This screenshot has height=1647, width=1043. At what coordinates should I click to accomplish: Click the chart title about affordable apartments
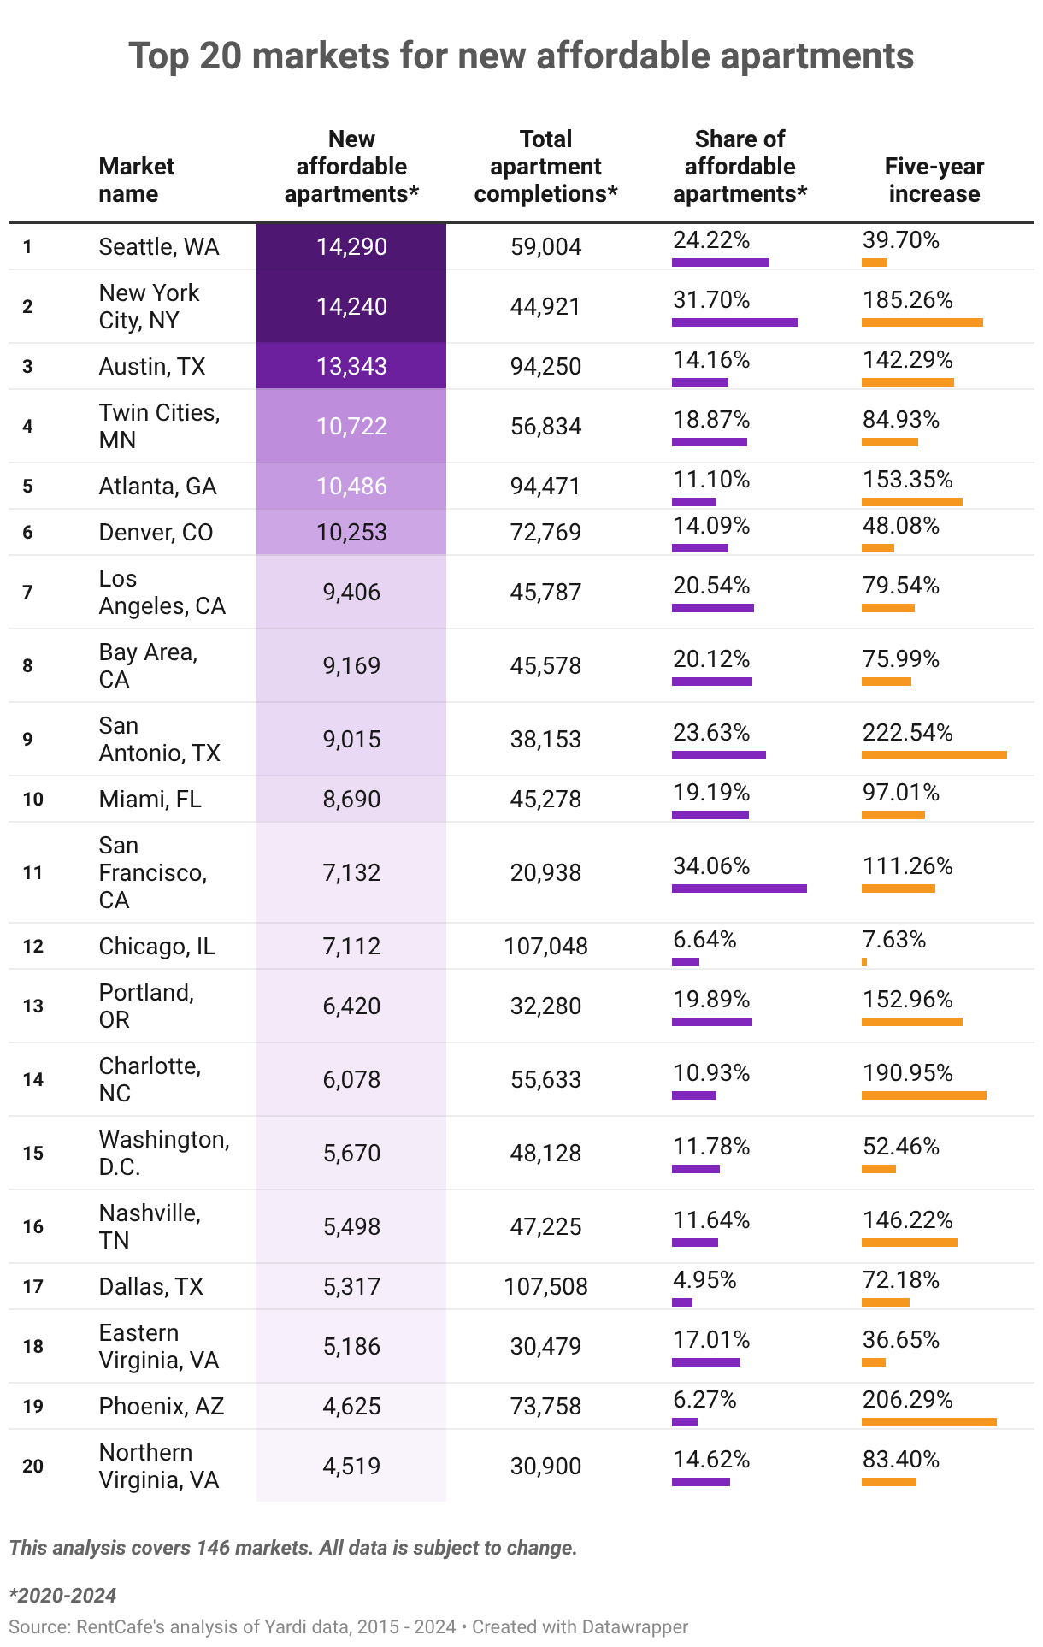tap(521, 56)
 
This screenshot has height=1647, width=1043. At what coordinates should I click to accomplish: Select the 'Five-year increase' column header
tap(934, 180)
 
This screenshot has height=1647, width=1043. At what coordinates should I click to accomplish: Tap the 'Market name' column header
tap(136, 180)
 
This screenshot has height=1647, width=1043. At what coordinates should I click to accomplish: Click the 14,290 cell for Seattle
tap(351, 247)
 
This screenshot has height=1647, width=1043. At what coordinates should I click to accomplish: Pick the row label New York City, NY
tap(149, 306)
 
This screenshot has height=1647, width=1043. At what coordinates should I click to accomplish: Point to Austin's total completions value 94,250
tap(545, 367)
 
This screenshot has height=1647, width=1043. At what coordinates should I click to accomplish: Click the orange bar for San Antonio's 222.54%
tap(934, 755)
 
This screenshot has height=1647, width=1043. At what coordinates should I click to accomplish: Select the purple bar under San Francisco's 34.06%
tap(739, 888)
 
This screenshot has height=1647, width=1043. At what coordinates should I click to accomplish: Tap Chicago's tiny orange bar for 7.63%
tap(864, 962)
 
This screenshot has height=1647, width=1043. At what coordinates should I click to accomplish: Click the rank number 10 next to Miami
tap(32, 800)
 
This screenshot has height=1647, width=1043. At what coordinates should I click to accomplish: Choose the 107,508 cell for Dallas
tap(545, 1287)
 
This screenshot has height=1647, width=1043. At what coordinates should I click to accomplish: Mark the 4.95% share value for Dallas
tap(704, 1280)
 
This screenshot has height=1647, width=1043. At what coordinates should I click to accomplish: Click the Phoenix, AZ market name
tap(161, 1407)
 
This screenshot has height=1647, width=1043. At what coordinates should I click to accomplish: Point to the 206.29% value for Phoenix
tap(907, 1400)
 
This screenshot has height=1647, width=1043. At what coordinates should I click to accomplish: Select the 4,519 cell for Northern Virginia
tap(351, 1467)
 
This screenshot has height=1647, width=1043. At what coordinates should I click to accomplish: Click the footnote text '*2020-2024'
tap(62, 1595)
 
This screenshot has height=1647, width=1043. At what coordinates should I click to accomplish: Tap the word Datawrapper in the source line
tap(634, 1627)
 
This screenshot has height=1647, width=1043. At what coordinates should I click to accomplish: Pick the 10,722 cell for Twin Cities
tap(351, 427)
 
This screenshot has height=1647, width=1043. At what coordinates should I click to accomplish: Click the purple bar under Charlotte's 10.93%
tap(693, 1095)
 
